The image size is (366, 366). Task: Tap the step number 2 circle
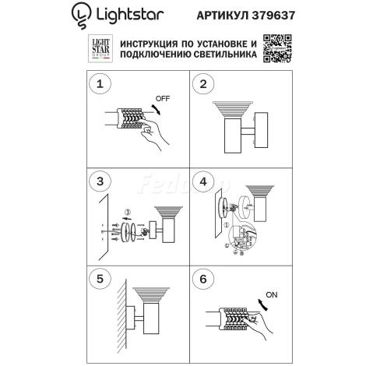coord(203,84)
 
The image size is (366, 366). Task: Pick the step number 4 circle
coord(203,182)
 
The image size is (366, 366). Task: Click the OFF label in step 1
coord(163,100)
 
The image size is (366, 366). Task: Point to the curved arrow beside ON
coord(266,308)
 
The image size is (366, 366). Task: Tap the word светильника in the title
coord(215,56)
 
